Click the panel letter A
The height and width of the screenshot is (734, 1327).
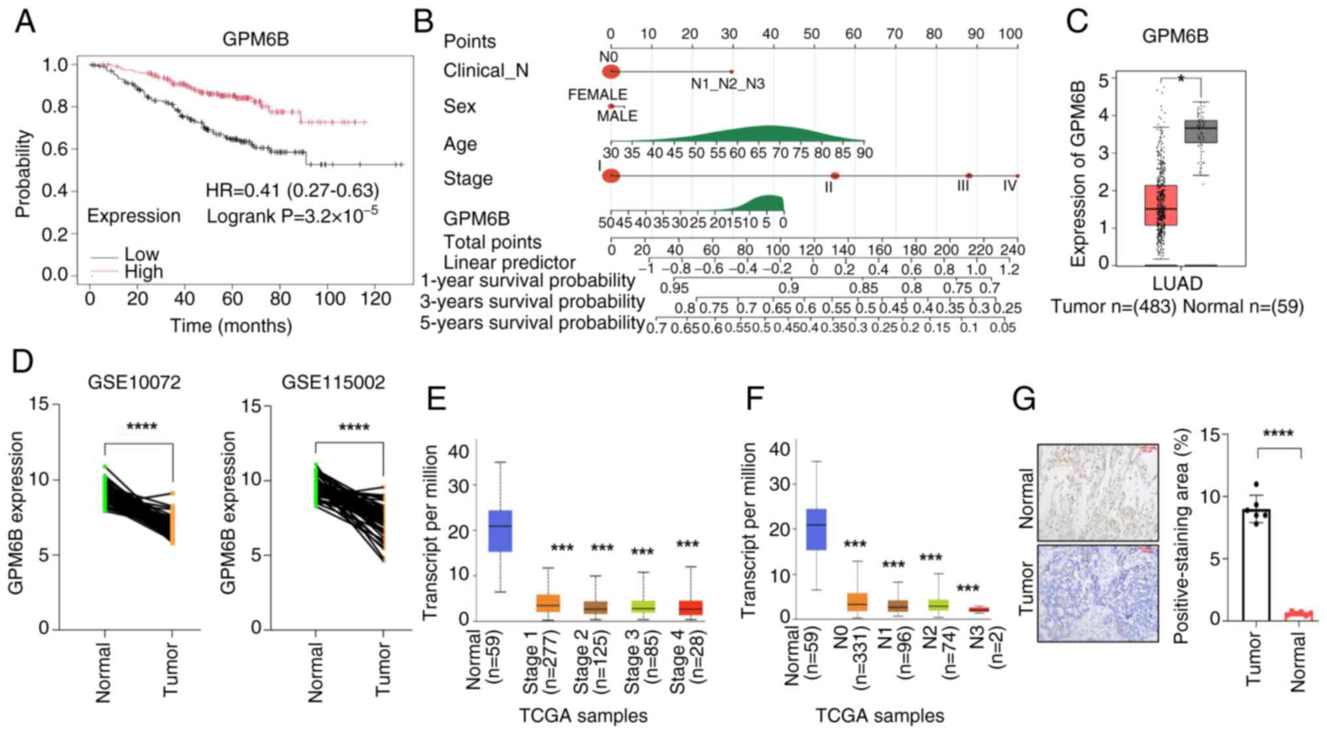click(x=25, y=22)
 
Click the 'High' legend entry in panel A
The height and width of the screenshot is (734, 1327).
click(x=144, y=272)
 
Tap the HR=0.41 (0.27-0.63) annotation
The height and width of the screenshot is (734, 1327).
click(x=292, y=190)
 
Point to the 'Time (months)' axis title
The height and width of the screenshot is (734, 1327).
click(x=231, y=325)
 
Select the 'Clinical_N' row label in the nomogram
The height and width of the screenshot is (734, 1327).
click(x=486, y=71)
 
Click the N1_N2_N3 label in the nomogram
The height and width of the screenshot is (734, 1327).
click(x=727, y=84)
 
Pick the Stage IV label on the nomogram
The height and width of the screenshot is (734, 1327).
click(x=1010, y=186)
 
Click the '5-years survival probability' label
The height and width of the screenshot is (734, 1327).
click(x=532, y=323)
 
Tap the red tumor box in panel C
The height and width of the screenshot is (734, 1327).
click(x=1160, y=205)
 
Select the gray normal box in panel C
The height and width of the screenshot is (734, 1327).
click(x=1200, y=131)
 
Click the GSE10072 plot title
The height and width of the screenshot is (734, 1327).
click(x=134, y=382)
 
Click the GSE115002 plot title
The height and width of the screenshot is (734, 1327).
click(x=333, y=382)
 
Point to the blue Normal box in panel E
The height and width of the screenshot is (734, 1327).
click(x=500, y=531)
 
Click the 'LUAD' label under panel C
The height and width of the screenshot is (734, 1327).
click(x=1177, y=284)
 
